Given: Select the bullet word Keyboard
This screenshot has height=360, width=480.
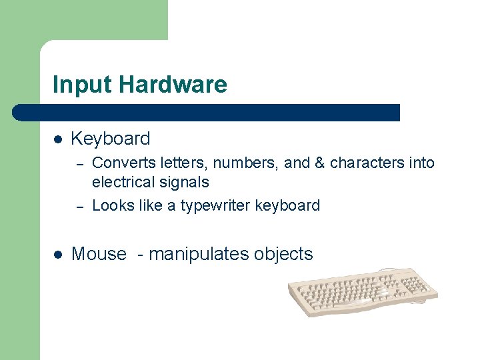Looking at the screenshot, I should coord(111,139).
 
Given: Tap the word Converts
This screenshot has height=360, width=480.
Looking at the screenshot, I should coord(119,163).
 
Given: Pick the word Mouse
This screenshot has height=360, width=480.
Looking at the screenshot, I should coord(99,254).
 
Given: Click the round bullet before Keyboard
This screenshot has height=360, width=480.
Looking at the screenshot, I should coord(58,139).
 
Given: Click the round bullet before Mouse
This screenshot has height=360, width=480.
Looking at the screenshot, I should coord(58,255).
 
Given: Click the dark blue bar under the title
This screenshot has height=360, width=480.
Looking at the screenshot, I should coord(207,113).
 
